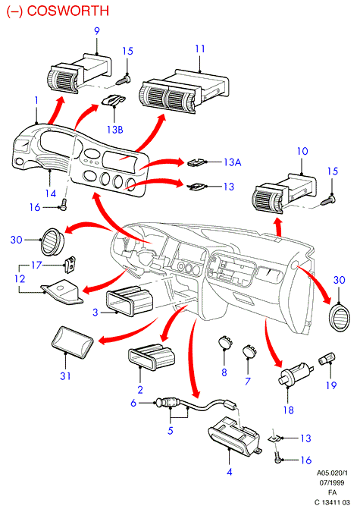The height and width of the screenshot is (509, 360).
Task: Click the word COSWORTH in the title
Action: coord(68,11)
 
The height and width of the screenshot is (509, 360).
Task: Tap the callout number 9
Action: coord(97,31)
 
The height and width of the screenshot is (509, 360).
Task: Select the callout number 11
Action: coord(200,49)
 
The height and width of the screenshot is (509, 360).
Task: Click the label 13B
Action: coord(115,130)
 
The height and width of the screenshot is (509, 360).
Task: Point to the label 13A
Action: coord(232,162)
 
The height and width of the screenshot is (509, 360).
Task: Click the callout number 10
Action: coord(302,151)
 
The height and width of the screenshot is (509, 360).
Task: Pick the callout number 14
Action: coord(51,193)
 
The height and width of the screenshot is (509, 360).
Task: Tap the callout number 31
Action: coord(65,376)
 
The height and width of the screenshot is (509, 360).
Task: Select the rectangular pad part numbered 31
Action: coord(73,342)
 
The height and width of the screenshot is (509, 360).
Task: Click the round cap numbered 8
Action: coord(225,342)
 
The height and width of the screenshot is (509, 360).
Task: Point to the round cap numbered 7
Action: coord(249,350)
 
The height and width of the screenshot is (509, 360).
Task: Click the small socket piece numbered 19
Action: coord(327,359)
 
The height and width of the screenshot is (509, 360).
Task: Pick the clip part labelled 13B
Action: coord(114,99)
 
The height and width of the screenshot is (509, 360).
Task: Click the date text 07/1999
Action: coord(332,482)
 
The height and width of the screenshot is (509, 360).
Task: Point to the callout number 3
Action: coord(95,313)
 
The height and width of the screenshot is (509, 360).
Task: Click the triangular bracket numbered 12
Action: coord(62,292)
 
